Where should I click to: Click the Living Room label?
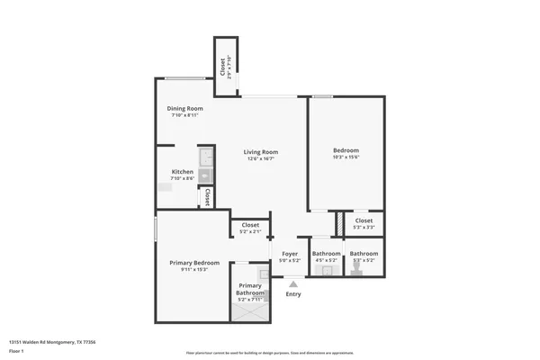click(x=261, y=152)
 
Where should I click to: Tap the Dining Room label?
click(x=184, y=108)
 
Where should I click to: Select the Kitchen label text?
click(x=183, y=172)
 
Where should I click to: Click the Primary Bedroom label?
click(x=194, y=263)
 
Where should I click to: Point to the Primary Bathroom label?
click(x=250, y=289)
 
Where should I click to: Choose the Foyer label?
click(x=290, y=254)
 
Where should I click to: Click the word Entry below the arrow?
click(x=293, y=294)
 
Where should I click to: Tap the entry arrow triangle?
click(x=292, y=283)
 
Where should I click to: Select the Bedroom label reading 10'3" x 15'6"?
click(x=346, y=150)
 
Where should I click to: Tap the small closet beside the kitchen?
click(x=207, y=197)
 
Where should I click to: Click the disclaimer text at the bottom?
click(x=270, y=353)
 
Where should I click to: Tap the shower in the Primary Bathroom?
click(x=249, y=311)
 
